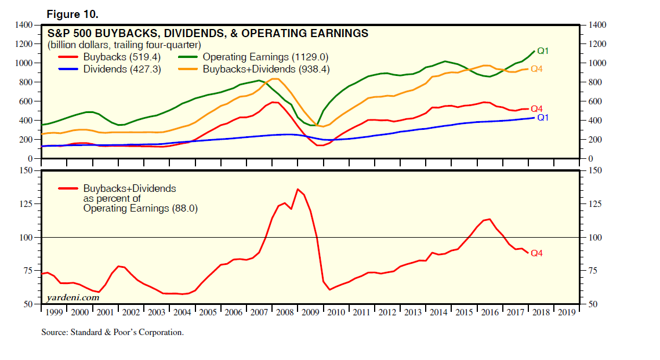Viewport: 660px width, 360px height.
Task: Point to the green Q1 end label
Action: coord(543,51)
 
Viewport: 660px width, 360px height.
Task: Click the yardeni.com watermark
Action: coord(72,298)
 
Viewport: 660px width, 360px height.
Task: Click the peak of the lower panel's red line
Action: coord(298,189)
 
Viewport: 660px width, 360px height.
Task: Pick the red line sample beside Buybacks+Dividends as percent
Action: coord(68,189)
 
